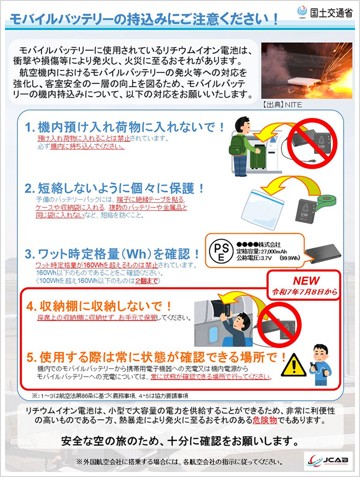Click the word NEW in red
click(x=306, y=281)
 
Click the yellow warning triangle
click(x=293, y=366)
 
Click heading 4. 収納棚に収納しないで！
click(x=99, y=305)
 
